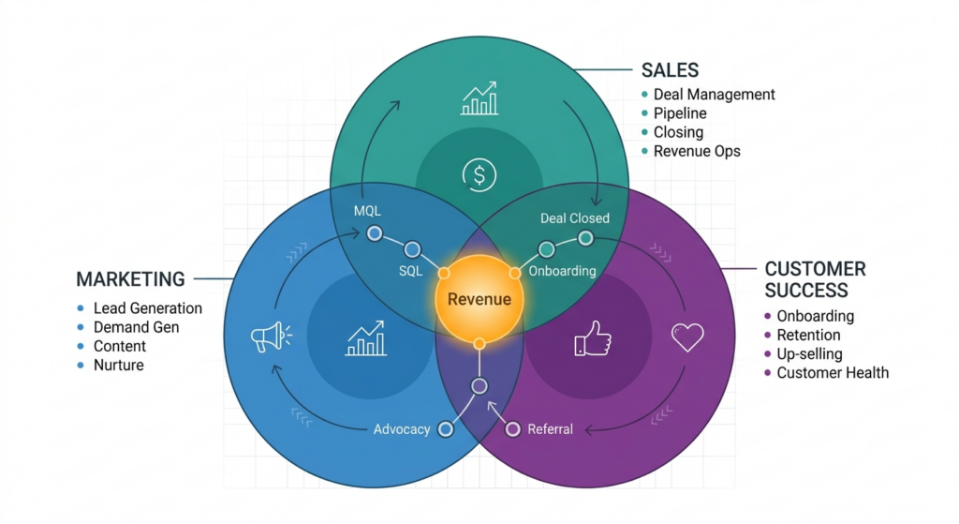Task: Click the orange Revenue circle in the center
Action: point(479,299)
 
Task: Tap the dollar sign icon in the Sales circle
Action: point(479,174)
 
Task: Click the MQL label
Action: point(367,210)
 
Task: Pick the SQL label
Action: point(410,271)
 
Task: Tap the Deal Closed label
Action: point(574,218)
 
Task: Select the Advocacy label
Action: point(402,429)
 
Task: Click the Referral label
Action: point(550,429)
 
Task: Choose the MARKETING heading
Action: point(130,279)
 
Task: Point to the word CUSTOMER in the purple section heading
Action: point(815,268)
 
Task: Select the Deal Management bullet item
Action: point(714,95)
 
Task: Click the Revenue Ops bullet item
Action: point(697,151)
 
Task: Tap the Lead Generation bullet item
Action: point(147,308)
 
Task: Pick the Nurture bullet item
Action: point(119,365)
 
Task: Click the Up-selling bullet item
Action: point(809,354)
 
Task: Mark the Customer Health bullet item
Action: point(833,373)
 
